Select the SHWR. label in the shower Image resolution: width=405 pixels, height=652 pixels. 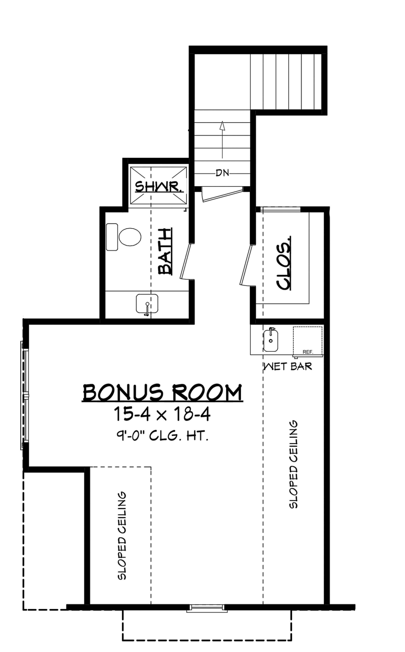(159, 187)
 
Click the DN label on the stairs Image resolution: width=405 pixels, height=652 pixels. (222, 173)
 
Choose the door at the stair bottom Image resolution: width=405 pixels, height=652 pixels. (222, 194)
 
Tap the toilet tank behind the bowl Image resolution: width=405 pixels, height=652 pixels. (112, 237)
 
